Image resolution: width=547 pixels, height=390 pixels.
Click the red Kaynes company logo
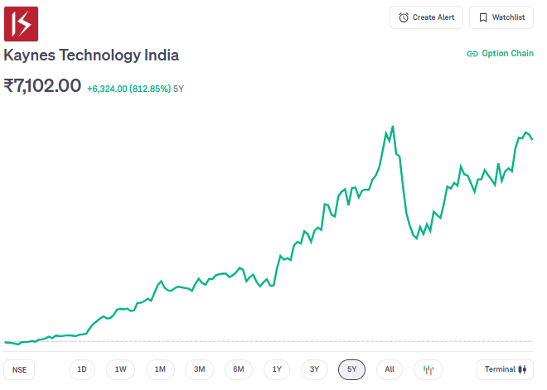coord(22,23)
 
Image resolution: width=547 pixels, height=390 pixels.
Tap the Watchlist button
coord(501,17)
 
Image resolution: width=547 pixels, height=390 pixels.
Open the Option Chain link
coord(500,54)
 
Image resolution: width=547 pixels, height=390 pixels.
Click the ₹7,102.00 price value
coord(42,86)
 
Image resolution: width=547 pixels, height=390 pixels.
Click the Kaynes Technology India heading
coord(91,55)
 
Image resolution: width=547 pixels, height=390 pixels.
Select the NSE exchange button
coord(19,369)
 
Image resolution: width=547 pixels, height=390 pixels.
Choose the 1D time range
coord(81,369)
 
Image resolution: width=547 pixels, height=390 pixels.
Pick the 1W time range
coord(120,369)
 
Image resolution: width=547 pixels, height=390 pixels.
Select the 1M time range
coord(160,369)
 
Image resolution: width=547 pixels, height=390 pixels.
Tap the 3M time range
coord(199,369)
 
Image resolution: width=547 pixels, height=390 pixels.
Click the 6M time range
coord(238,369)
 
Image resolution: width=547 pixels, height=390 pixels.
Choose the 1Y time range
coord(277,369)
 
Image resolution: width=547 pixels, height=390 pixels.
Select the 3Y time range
coord(314,369)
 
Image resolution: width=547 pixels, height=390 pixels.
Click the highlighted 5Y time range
coord(352,369)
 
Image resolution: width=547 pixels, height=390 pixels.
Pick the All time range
coord(390,369)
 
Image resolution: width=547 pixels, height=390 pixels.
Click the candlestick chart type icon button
coord(428,369)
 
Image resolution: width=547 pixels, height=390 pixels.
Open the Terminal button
coord(505,369)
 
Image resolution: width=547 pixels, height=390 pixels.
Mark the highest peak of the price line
coord(393,126)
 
